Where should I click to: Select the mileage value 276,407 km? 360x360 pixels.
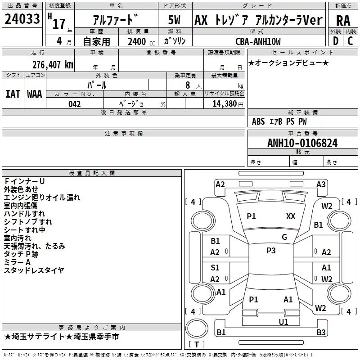click(x=52, y=64)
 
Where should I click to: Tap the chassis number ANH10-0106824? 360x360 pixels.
click(x=302, y=143)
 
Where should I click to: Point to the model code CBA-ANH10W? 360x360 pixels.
click(x=258, y=41)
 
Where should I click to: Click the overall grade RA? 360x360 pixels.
click(x=343, y=20)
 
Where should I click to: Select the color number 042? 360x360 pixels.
click(x=75, y=104)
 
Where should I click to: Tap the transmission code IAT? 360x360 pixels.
click(x=13, y=94)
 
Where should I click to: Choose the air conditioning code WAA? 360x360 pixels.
click(x=35, y=94)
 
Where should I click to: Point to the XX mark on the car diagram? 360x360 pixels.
click(x=291, y=216)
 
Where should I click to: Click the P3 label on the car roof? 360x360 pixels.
click(x=271, y=251)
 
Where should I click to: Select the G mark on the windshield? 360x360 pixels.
click(x=284, y=237)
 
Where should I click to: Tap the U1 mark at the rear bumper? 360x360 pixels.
click(x=283, y=322)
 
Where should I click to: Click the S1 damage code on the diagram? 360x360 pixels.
click(x=215, y=268)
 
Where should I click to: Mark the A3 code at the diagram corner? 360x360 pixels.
click(x=321, y=184)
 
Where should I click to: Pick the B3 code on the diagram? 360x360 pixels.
click(x=321, y=333)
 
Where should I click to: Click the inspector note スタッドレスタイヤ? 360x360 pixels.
click(x=34, y=270)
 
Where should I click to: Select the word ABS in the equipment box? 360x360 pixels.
click(x=258, y=121)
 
